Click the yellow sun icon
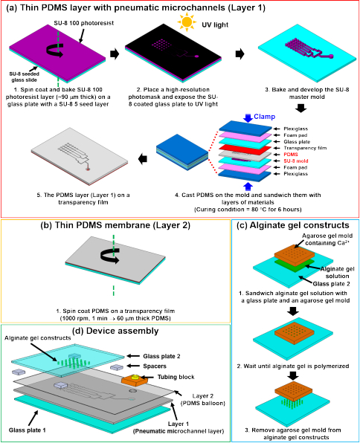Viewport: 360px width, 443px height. (187, 22)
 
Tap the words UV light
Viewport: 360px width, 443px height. (215, 25)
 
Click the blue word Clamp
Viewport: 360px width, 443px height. (264, 117)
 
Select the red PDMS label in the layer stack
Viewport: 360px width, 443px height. (291, 155)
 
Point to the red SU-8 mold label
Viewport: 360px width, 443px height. (296, 161)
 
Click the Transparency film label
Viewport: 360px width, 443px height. (305, 148)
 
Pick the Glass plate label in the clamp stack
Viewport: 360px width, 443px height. (297, 141)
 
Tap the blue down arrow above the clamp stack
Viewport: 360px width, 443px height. (248, 118)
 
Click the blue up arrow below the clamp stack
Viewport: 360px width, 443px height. (248, 187)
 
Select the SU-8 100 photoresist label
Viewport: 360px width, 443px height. (84, 23)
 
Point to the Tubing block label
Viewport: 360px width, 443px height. (176, 377)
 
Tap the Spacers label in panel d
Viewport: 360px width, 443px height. (155, 366)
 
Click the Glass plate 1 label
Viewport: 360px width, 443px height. (27, 430)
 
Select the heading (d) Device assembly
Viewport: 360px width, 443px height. (116, 331)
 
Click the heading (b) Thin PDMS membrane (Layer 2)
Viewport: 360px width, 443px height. (115, 225)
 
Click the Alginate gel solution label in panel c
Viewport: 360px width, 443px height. (338, 272)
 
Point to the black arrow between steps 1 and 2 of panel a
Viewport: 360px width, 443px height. (115, 54)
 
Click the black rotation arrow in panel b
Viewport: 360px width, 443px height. (110, 256)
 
